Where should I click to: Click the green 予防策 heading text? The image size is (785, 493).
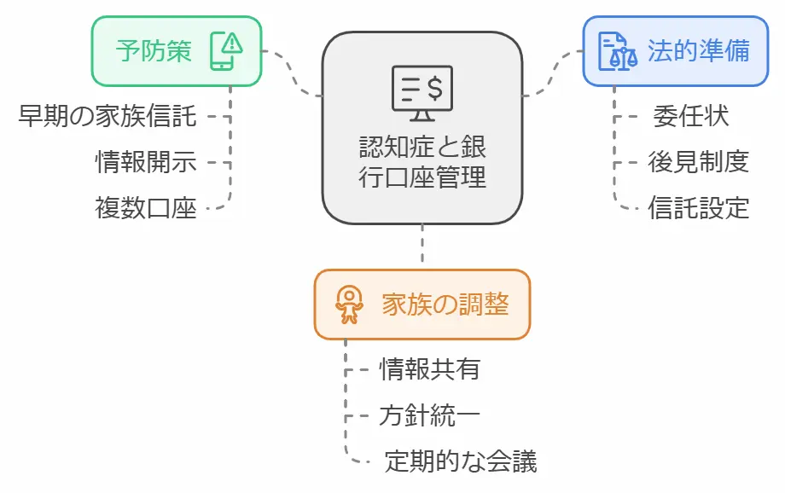[154, 51]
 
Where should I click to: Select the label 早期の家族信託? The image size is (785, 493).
[108, 116]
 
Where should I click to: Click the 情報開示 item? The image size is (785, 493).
[146, 162]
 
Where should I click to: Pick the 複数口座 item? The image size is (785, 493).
[146, 208]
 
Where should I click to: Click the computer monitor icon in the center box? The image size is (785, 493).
[422, 92]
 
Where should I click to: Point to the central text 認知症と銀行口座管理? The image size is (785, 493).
[422, 162]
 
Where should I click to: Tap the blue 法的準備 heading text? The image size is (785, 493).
[699, 50]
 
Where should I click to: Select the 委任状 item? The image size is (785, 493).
[690, 116]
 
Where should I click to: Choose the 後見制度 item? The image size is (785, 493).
[698, 162]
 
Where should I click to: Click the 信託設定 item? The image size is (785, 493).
[698, 208]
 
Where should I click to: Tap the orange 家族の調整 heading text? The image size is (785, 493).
[445, 304]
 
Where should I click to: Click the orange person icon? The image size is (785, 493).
[349, 304]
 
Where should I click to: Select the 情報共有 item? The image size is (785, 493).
[429, 369]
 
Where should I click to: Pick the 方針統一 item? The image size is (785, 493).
[429, 416]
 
